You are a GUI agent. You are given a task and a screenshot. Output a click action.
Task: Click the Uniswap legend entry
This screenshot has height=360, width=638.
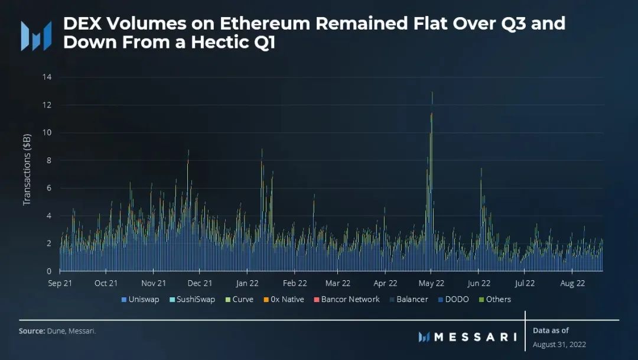coord(140,300)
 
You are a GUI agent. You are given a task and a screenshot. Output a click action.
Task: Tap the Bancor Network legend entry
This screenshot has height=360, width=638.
coord(347,300)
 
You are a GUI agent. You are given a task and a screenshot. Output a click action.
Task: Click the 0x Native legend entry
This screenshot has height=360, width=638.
coord(284,300)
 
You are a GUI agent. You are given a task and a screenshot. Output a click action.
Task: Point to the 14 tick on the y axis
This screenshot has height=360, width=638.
coord(47,77)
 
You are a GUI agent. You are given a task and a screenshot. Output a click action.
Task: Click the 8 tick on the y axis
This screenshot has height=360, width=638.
coord(50,160)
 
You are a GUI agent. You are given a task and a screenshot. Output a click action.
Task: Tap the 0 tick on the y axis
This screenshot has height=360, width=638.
coord(50,271)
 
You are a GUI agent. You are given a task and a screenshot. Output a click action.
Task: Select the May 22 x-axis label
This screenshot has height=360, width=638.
coord(431,284)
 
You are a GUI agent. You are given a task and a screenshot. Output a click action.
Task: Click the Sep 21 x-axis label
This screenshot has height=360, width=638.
coord(60,284)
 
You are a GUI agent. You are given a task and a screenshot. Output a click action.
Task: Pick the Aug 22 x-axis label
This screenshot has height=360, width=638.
coord(572,284)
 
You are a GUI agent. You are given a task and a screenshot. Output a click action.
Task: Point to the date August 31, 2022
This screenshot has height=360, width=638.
coord(559,344)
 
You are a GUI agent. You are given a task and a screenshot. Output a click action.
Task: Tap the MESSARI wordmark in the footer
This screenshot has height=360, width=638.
coord(474,337)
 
